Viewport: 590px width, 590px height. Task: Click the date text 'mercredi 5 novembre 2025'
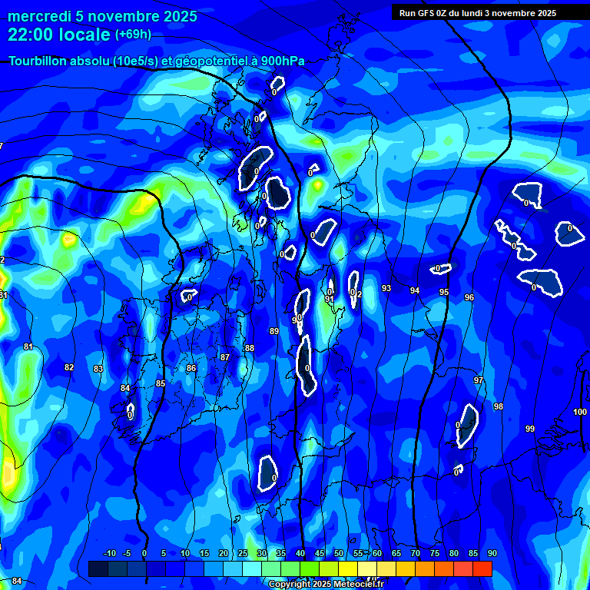[x=102, y=16]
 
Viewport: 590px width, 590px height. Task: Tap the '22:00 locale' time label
[x=59, y=35]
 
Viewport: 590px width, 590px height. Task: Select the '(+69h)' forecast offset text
[x=133, y=35]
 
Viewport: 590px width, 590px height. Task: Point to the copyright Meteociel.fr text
[x=325, y=584]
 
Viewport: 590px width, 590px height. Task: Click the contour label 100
[x=580, y=413]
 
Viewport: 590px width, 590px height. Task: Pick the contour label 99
[x=530, y=429]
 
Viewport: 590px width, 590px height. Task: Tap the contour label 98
[x=499, y=406]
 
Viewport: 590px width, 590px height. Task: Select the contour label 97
[x=479, y=380]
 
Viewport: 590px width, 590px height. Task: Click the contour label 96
[x=469, y=297]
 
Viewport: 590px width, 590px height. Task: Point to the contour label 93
[x=386, y=288]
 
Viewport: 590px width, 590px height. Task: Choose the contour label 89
[x=274, y=331]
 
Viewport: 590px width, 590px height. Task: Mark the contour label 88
[x=249, y=348]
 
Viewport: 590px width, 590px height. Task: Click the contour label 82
[x=69, y=367]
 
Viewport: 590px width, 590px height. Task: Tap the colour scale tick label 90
[x=492, y=554]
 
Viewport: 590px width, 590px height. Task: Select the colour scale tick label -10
[x=109, y=554]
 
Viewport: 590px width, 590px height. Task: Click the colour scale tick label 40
[x=300, y=554]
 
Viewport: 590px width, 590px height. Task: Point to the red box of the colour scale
[x=482, y=568]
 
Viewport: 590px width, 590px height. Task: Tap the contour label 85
[x=161, y=383]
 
